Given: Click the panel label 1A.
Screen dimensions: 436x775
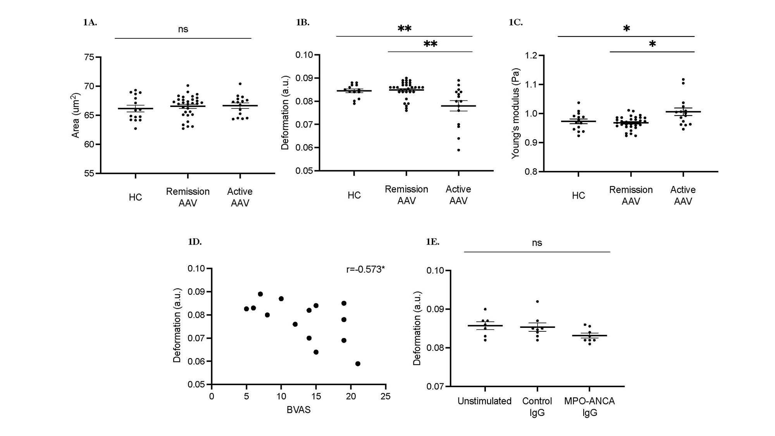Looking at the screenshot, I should [x=90, y=22].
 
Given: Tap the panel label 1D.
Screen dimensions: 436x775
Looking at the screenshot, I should [x=195, y=242].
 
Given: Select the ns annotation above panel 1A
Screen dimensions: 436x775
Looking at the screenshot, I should [x=183, y=29].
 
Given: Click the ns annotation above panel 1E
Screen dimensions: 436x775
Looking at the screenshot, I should [x=537, y=243].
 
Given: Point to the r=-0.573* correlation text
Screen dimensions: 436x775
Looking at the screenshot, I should [x=365, y=269].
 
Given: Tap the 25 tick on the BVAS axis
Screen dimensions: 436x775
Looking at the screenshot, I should [x=386, y=396].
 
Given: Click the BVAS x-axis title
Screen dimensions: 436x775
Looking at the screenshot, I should [x=298, y=410].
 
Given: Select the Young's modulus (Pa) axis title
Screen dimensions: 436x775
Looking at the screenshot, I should [x=515, y=114].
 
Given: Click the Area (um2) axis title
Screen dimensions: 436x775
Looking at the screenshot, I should [x=76, y=115].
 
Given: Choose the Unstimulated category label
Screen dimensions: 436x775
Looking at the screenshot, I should [x=484, y=401].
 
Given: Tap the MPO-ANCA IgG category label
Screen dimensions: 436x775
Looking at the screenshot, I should [x=589, y=407].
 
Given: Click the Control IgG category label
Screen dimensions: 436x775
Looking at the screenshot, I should [x=537, y=407].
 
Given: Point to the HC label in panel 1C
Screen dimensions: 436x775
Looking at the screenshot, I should [x=578, y=196].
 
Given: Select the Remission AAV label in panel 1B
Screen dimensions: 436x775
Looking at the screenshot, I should [x=406, y=195].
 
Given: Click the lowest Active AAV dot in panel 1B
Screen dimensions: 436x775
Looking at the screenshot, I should [x=458, y=150].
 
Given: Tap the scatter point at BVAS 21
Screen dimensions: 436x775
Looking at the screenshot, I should [x=358, y=364].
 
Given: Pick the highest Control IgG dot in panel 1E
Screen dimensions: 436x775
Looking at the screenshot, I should [x=537, y=302].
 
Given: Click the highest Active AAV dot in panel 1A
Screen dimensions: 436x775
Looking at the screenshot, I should [x=240, y=84].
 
